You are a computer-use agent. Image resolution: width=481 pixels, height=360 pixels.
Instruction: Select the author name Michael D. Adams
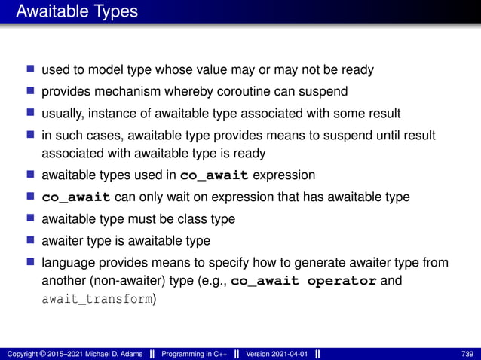click(113, 354)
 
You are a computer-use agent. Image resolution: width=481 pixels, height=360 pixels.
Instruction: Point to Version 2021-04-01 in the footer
click(277, 354)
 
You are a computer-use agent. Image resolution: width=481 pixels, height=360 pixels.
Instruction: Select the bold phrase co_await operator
click(303, 281)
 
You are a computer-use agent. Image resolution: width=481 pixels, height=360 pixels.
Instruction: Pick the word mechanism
click(127, 92)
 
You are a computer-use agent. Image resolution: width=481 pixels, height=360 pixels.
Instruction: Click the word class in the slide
click(187, 219)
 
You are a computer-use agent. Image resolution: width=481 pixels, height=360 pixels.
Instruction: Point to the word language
click(66, 263)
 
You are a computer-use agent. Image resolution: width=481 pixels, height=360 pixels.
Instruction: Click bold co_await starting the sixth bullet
click(76, 197)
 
